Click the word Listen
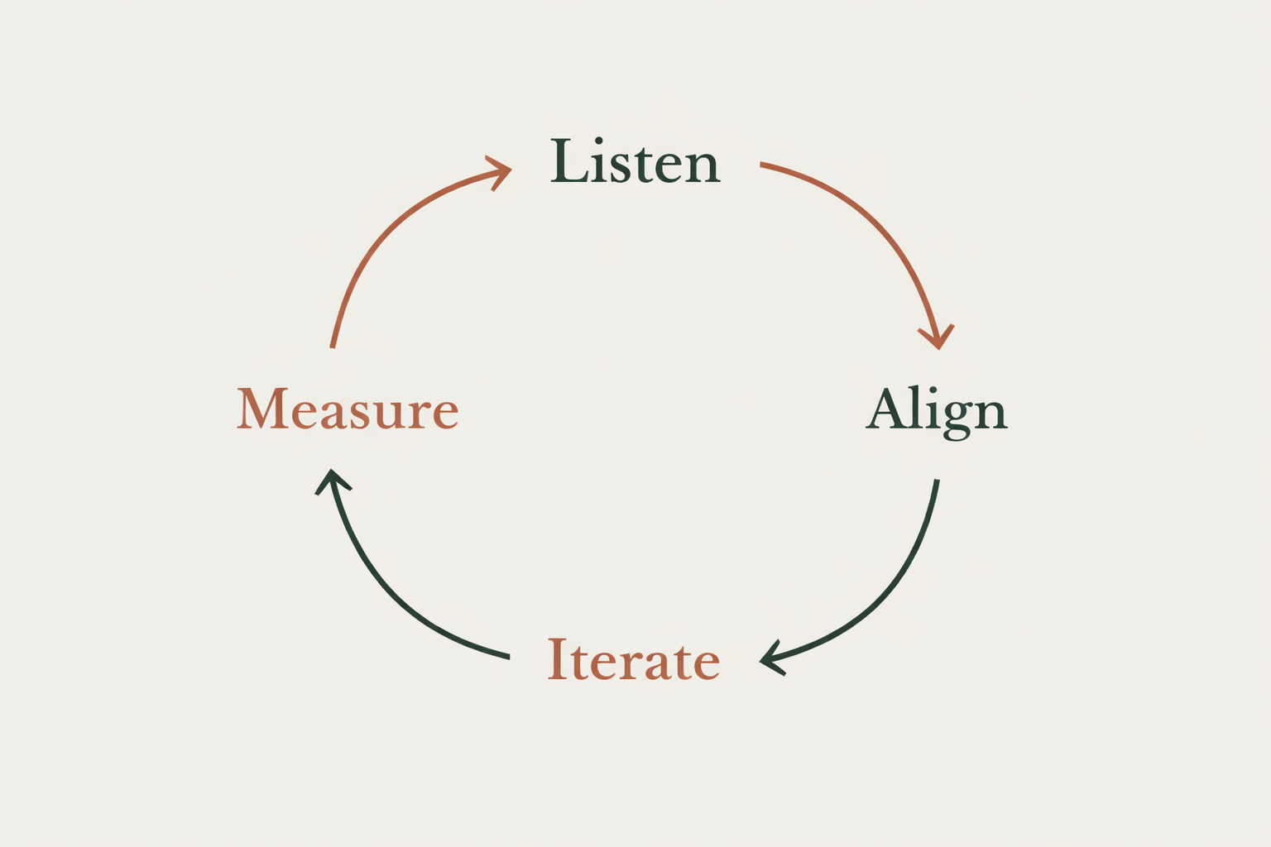point(635,162)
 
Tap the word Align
point(937,410)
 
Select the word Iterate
point(634,660)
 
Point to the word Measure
point(348,409)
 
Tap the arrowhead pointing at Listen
point(500,170)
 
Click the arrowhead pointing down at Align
point(938,337)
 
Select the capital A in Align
point(888,408)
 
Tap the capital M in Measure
point(262,408)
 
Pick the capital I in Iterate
point(558,659)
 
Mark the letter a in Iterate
point(657,664)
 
